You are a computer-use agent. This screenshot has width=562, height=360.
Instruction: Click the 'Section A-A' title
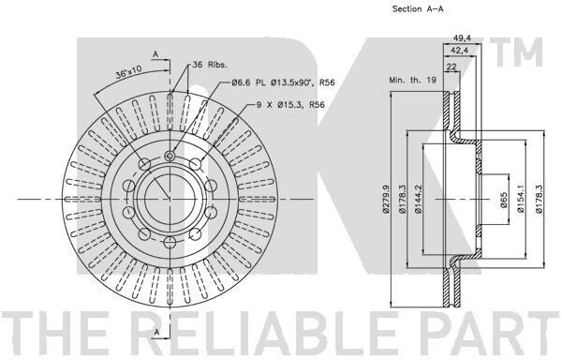(418, 9)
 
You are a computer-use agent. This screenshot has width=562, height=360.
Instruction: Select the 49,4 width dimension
(462, 38)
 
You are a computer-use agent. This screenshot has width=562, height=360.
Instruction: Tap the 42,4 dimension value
(460, 51)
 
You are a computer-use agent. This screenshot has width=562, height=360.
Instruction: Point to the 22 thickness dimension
(451, 67)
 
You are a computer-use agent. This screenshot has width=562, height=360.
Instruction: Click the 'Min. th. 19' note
(412, 80)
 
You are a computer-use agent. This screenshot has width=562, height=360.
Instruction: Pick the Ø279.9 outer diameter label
(386, 199)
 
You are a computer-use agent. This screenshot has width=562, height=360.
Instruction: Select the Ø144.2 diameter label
(419, 200)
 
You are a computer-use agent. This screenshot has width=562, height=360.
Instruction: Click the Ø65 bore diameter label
(504, 200)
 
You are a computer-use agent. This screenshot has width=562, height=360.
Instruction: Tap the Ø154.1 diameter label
(521, 200)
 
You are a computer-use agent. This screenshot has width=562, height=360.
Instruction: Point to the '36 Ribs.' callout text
(210, 65)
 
